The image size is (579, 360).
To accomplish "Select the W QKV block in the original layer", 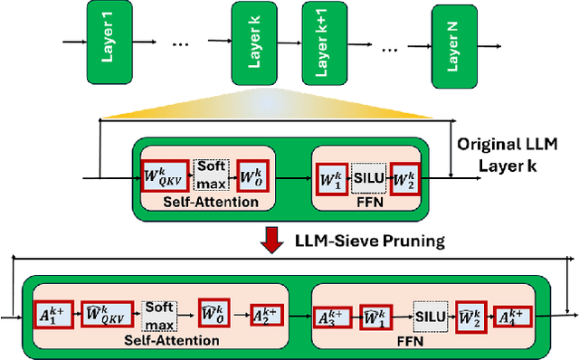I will (x=165, y=172).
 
